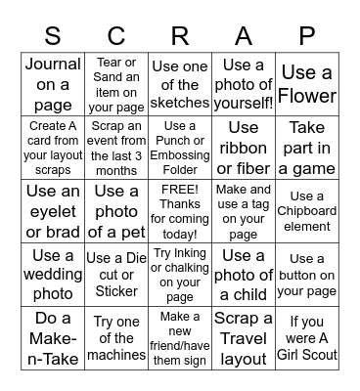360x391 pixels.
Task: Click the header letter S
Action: (54, 36)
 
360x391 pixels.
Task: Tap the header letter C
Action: (117, 36)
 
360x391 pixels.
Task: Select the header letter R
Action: (180, 36)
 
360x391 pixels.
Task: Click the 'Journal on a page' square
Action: (54, 83)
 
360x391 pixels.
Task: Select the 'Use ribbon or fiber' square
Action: (244, 147)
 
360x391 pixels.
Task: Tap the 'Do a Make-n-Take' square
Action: (54, 337)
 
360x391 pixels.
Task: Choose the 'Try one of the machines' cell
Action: (117, 337)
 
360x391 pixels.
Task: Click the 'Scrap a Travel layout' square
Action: (244, 337)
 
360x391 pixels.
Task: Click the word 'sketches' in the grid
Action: (180, 103)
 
